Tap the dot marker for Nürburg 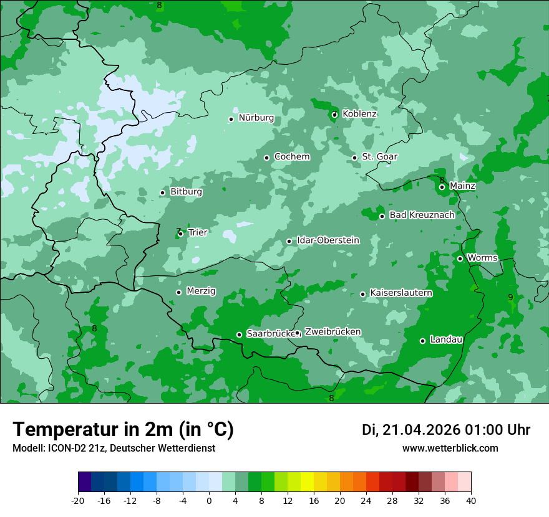(231, 119)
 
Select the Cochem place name (291, 157)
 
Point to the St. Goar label (379, 157)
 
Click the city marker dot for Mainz (442, 187)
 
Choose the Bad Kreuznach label (422, 216)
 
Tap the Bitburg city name (186, 192)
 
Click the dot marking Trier (181, 234)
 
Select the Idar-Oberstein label (328, 240)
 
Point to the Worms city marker (460, 258)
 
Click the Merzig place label (201, 292)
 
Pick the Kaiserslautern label (401, 293)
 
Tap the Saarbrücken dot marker (239, 334)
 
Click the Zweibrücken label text (333, 332)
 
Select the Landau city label (446, 339)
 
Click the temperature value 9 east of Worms (510, 297)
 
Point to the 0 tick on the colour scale (209, 500)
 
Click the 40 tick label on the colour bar (470, 500)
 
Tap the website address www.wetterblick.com (450, 448)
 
